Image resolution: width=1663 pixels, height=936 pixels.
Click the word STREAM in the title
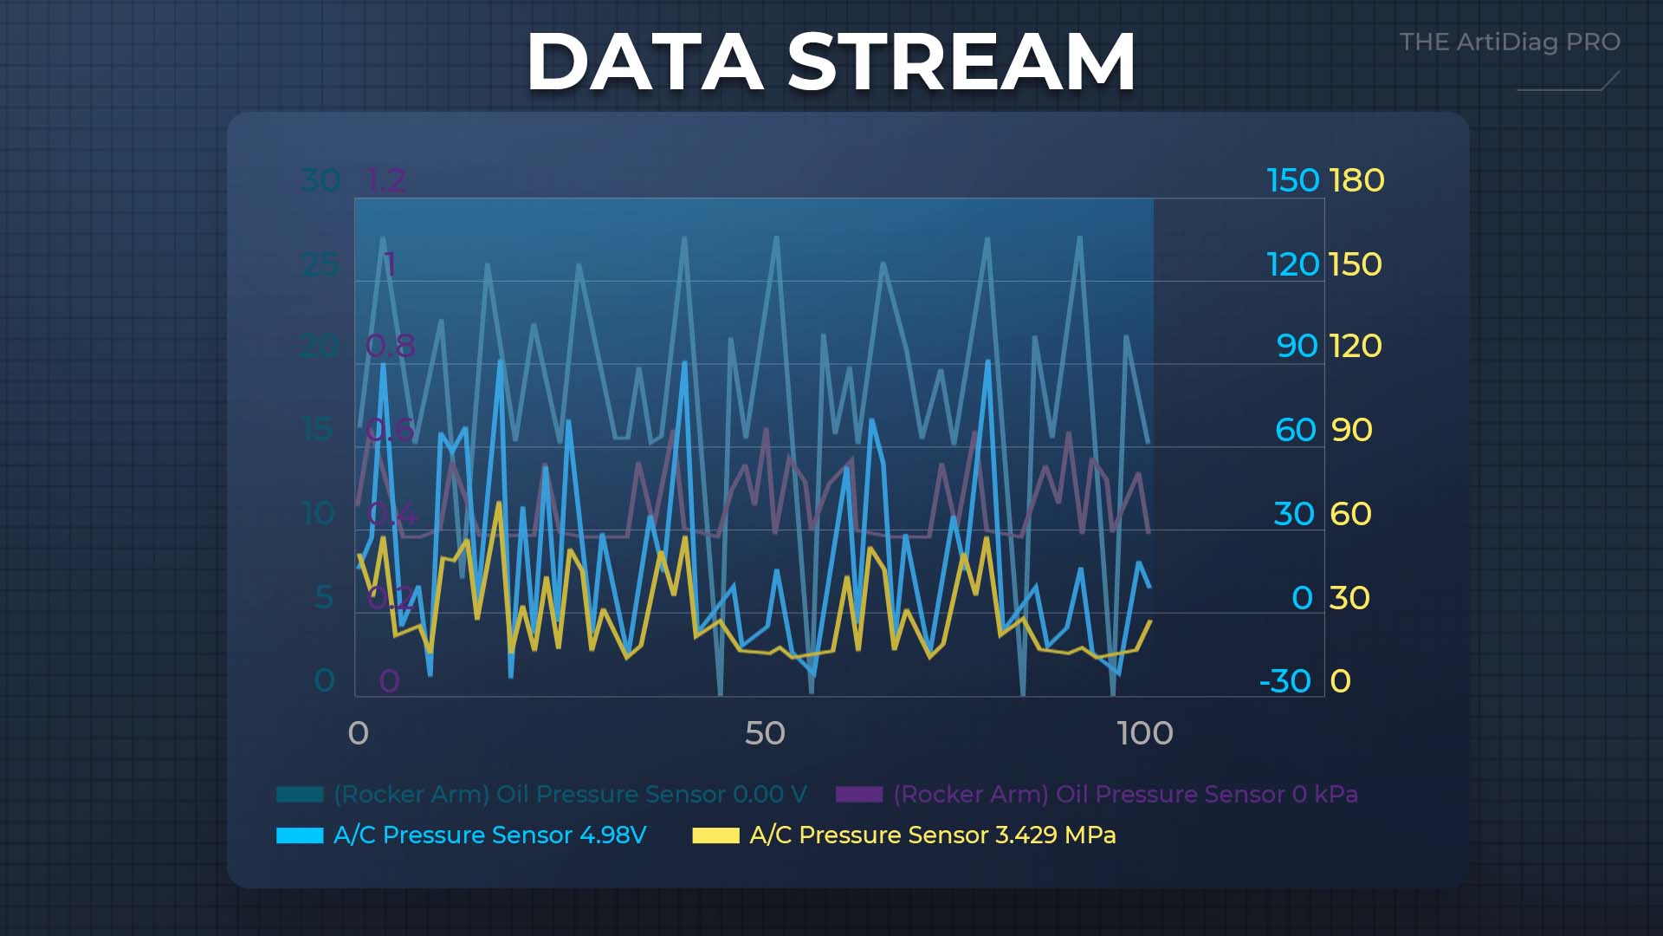pyautogui.click(x=961, y=62)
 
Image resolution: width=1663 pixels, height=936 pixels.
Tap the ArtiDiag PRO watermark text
pyautogui.click(x=1510, y=42)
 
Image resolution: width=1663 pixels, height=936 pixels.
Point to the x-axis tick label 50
pyautogui.click(x=765, y=733)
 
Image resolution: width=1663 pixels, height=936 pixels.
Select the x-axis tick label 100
pyautogui.click(x=1145, y=733)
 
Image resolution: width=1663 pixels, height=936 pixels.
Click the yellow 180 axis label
pyautogui.click(x=1356, y=180)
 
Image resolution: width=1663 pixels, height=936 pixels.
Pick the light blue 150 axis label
pyautogui.click(x=1292, y=180)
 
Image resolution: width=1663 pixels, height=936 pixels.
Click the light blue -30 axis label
pyautogui.click(x=1285, y=681)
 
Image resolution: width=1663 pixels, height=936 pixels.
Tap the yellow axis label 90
pyautogui.click(x=1351, y=430)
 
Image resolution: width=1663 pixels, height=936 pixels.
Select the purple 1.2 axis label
pyautogui.click(x=386, y=180)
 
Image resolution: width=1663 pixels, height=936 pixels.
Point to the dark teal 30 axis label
pyautogui.click(x=320, y=180)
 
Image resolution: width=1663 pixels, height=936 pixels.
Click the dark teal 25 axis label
pyautogui.click(x=320, y=264)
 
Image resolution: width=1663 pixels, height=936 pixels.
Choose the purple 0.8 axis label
pyautogui.click(x=390, y=347)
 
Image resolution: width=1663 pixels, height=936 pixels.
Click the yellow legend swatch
pyautogui.click(x=715, y=835)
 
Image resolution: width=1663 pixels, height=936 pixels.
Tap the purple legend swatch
pyautogui.click(x=859, y=794)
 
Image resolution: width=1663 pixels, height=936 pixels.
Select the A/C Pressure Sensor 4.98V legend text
pyautogui.click(x=489, y=835)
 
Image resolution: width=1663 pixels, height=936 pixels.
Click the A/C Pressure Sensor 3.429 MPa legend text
pyautogui.click(x=932, y=835)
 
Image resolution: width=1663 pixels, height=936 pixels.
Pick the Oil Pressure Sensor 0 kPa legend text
pyautogui.click(x=1125, y=794)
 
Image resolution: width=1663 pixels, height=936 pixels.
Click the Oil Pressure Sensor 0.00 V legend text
pyautogui.click(x=570, y=794)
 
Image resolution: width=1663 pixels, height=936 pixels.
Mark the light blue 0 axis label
pyautogui.click(x=1302, y=598)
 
